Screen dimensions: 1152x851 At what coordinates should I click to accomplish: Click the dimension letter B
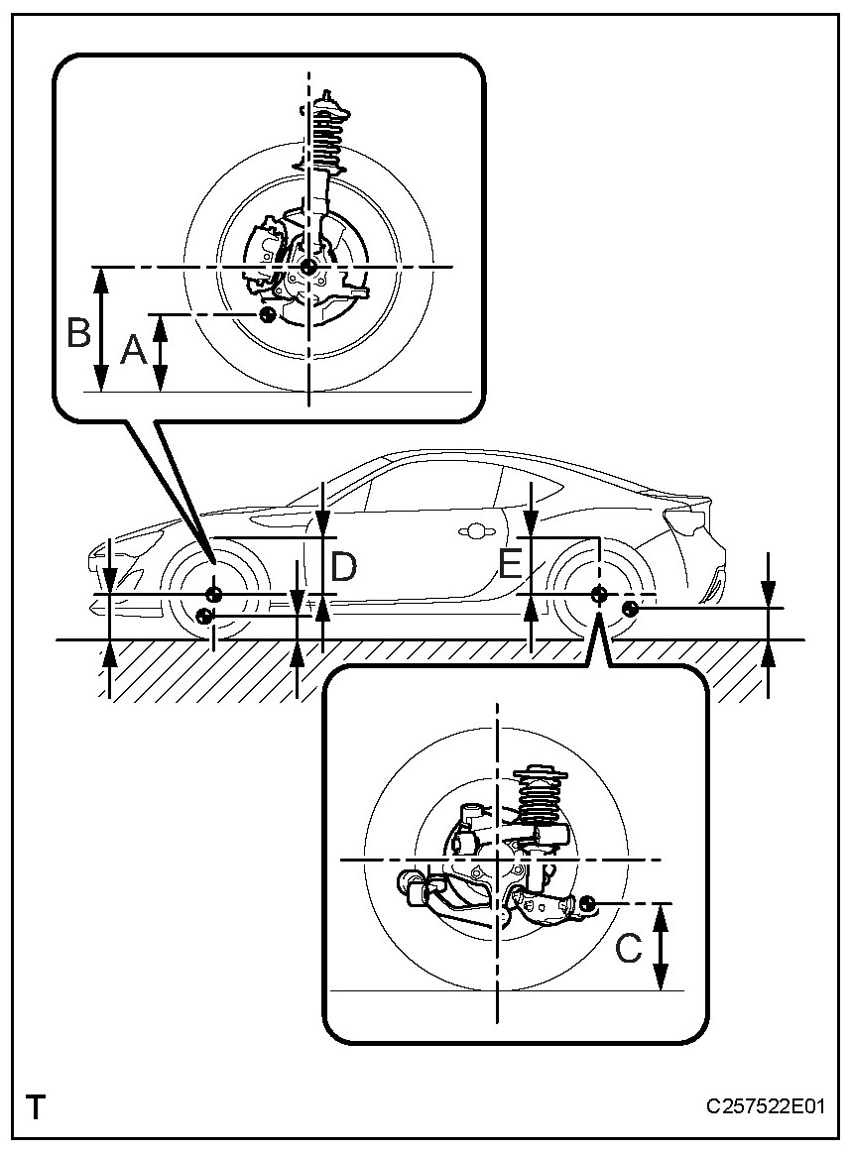coord(78,333)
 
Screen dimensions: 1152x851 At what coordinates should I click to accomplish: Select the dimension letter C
coord(629,948)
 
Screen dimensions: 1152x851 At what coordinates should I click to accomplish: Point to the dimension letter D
coord(344,567)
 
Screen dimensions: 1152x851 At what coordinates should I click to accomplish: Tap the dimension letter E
coord(511,565)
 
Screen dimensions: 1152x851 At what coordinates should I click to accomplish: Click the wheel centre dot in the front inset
coord(308,266)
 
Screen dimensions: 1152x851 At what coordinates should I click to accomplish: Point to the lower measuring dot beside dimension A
coord(266,314)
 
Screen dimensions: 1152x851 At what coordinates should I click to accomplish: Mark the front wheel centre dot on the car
coord(213,594)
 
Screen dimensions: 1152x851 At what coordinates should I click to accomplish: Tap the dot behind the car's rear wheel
coord(629,607)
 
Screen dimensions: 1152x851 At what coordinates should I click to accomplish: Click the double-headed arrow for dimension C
coord(663,947)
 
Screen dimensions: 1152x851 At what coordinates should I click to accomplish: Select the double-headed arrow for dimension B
coord(101,329)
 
